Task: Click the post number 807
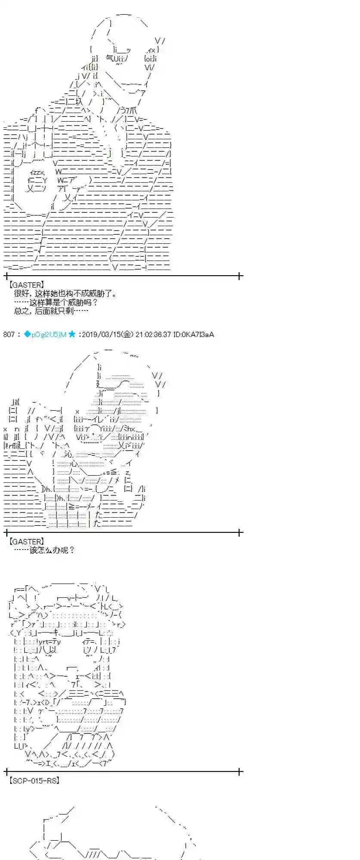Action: coord(9,334)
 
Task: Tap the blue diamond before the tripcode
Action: coord(27,334)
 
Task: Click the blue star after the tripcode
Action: coord(72,334)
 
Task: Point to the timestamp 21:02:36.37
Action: coord(153,334)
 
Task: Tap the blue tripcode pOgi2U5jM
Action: coord(49,334)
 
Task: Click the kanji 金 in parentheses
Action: coord(128,334)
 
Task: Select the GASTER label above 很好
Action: coord(26,285)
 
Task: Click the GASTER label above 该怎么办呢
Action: coord(26,541)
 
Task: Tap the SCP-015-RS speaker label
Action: coord(34,780)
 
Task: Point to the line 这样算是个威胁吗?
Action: coord(56,302)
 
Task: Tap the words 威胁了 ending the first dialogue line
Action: coord(105,294)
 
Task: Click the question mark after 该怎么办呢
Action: coord(71,550)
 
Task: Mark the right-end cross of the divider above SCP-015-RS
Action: coord(240,771)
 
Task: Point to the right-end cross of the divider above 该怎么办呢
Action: coord(240,532)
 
